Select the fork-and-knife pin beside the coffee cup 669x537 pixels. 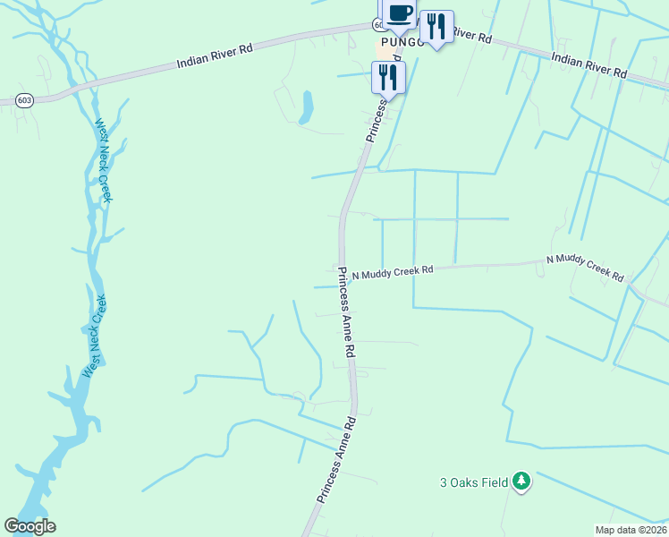[436, 27]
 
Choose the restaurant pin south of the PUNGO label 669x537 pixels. [388, 76]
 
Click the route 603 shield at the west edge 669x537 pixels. [24, 100]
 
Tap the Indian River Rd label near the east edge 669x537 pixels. [589, 65]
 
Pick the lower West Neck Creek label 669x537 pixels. [94, 336]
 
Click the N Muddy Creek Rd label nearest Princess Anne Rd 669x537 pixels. [392, 271]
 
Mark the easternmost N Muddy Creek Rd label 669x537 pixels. [585, 268]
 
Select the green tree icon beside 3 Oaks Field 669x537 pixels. [521, 482]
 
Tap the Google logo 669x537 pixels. [30, 526]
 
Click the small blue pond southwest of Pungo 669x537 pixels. [307, 107]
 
